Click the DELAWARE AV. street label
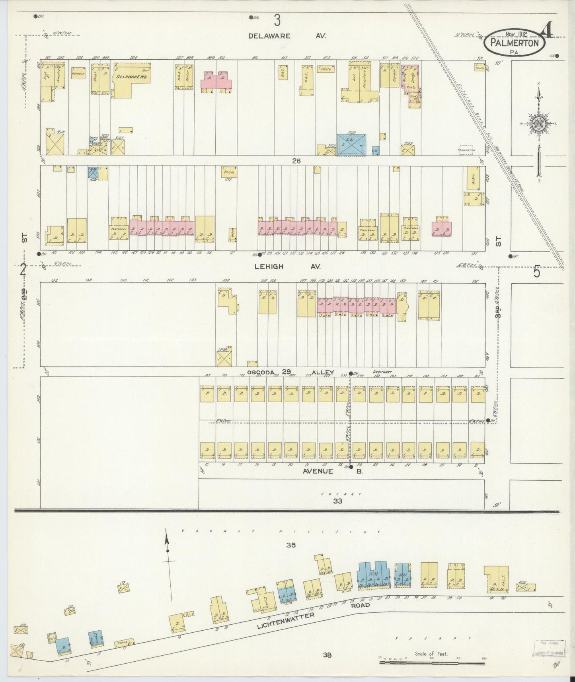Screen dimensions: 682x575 287,36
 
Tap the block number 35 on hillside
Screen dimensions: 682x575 290,546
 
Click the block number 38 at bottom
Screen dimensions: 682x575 327,655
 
